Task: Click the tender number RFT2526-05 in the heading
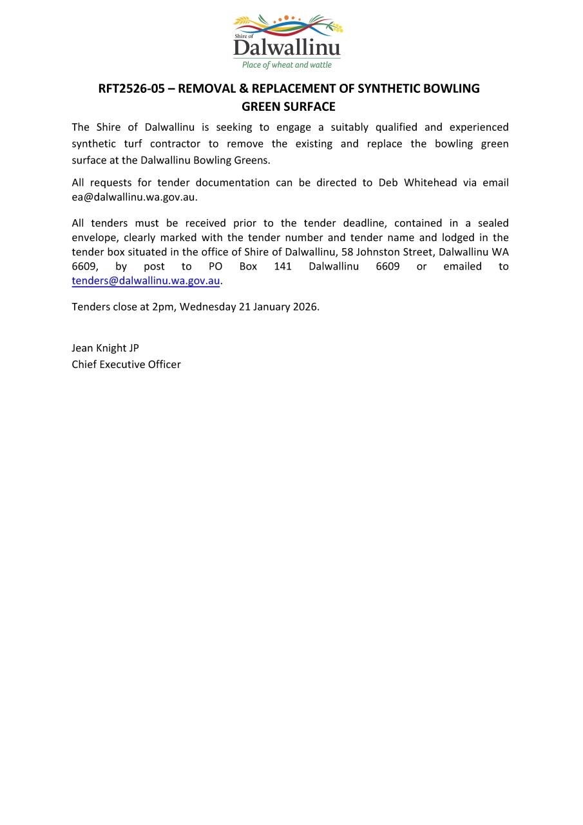(x=131, y=88)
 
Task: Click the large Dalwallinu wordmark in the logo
(x=287, y=48)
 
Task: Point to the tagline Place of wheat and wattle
(x=287, y=65)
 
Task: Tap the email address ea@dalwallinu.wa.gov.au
(x=134, y=197)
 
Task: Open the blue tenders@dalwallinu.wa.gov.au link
(x=146, y=281)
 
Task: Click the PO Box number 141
(x=283, y=266)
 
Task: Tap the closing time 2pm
(x=163, y=307)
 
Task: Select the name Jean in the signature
(x=81, y=348)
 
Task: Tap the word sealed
(x=493, y=223)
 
